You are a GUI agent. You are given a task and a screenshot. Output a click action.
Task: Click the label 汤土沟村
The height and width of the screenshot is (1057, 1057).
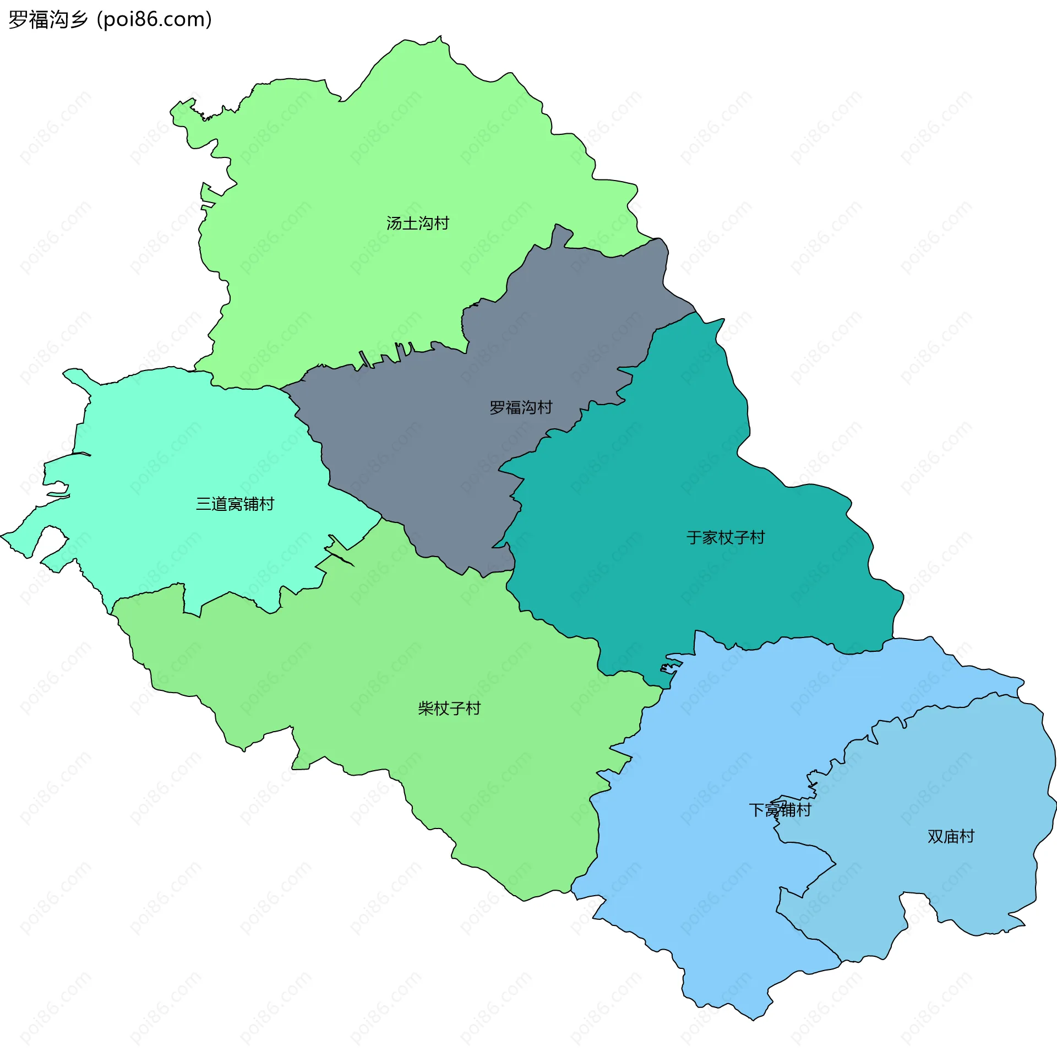[x=417, y=223]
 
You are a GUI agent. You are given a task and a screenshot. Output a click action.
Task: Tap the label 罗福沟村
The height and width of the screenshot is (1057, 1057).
[x=521, y=407]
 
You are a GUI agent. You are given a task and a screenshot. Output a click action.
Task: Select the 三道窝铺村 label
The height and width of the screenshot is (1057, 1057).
[x=235, y=504]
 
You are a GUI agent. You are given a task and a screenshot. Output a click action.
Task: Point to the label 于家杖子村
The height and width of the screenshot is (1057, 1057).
[x=726, y=537]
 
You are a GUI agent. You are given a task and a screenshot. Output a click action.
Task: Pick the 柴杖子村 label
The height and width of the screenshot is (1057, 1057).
[x=449, y=708]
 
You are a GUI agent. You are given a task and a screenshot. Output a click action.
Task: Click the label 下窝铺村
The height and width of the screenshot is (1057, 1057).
[x=780, y=810]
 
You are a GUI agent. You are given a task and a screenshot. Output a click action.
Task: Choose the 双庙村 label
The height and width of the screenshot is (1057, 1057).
[x=951, y=836]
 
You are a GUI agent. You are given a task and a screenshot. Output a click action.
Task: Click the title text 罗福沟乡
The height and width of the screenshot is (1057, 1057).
[x=48, y=20]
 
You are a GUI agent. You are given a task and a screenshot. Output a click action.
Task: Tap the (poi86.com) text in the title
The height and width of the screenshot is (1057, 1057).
[x=154, y=20]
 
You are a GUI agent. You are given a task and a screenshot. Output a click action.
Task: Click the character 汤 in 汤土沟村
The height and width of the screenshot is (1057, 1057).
[x=394, y=223]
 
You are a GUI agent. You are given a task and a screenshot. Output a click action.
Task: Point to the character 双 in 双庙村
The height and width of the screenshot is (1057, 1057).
[x=935, y=836]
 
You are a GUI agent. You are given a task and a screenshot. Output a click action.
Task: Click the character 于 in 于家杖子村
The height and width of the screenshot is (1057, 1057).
[x=694, y=537]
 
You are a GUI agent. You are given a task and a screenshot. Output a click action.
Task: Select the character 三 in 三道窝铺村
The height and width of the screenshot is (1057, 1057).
[x=204, y=504]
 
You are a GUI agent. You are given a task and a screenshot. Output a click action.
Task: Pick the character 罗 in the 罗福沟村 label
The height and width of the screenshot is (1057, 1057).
[x=498, y=407]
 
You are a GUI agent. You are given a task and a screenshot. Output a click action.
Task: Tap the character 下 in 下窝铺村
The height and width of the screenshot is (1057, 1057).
[x=757, y=810]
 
